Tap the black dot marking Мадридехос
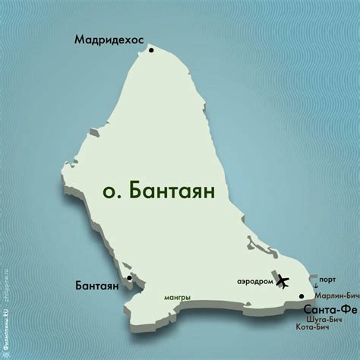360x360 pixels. click(x=152, y=50)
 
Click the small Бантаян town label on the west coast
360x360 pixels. click(x=97, y=287)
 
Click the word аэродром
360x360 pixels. click(x=254, y=281)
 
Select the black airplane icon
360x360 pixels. click(x=283, y=281)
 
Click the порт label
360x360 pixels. click(x=328, y=279)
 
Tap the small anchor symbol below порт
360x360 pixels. click(x=317, y=287)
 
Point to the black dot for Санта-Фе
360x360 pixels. click(x=302, y=297)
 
